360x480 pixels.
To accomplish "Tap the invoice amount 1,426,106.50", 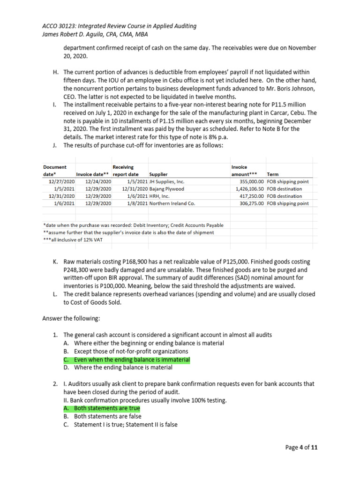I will [247, 189].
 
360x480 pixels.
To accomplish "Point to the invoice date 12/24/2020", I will [98, 181].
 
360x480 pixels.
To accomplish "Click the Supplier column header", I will [158, 174].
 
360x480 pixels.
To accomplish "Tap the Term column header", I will [272, 174].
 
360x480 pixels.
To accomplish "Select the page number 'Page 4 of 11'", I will [301, 448].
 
